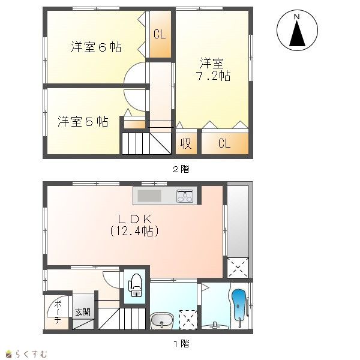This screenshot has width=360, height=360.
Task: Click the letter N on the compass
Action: click(x=297, y=17)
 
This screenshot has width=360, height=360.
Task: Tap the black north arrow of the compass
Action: click(x=297, y=34)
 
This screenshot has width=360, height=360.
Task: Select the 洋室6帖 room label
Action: click(x=96, y=47)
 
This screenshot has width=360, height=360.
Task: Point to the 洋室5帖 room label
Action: click(x=83, y=121)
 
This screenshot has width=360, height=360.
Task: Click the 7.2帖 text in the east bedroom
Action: click(x=213, y=76)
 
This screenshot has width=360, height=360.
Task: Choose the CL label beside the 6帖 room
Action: click(x=160, y=34)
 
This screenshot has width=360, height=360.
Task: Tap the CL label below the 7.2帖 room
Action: click(x=224, y=143)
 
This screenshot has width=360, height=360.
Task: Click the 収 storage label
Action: click(x=186, y=144)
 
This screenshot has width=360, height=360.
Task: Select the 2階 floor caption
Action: click(x=181, y=169)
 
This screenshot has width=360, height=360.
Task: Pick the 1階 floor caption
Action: click(x=181, y=343)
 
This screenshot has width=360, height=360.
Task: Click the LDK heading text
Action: click(x=135, y=219)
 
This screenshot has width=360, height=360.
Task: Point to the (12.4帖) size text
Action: click(x=134, y=231)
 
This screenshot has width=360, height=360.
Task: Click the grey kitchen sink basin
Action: click(x=149, y=196)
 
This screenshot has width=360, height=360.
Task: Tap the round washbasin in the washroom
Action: click(x=162, y=321)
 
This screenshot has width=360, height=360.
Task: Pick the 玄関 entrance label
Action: click(x=83, y=312)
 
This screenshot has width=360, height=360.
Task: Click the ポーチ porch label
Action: click(x=58, y=312)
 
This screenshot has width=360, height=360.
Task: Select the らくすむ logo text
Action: click(x=31, y=354)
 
